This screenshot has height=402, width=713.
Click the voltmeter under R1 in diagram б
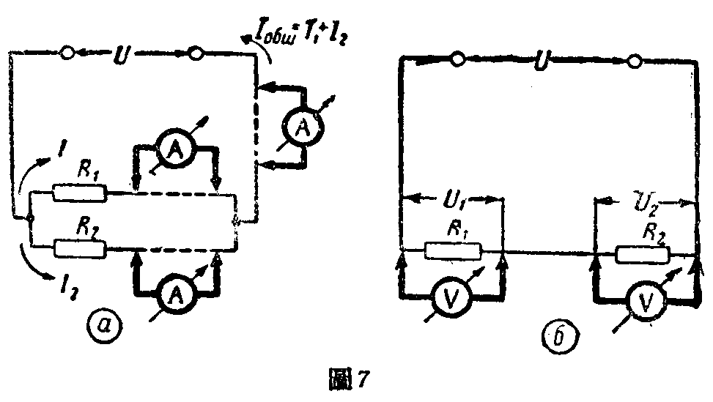tap(454, 297)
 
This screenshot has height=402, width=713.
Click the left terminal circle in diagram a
tap(67, 53)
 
